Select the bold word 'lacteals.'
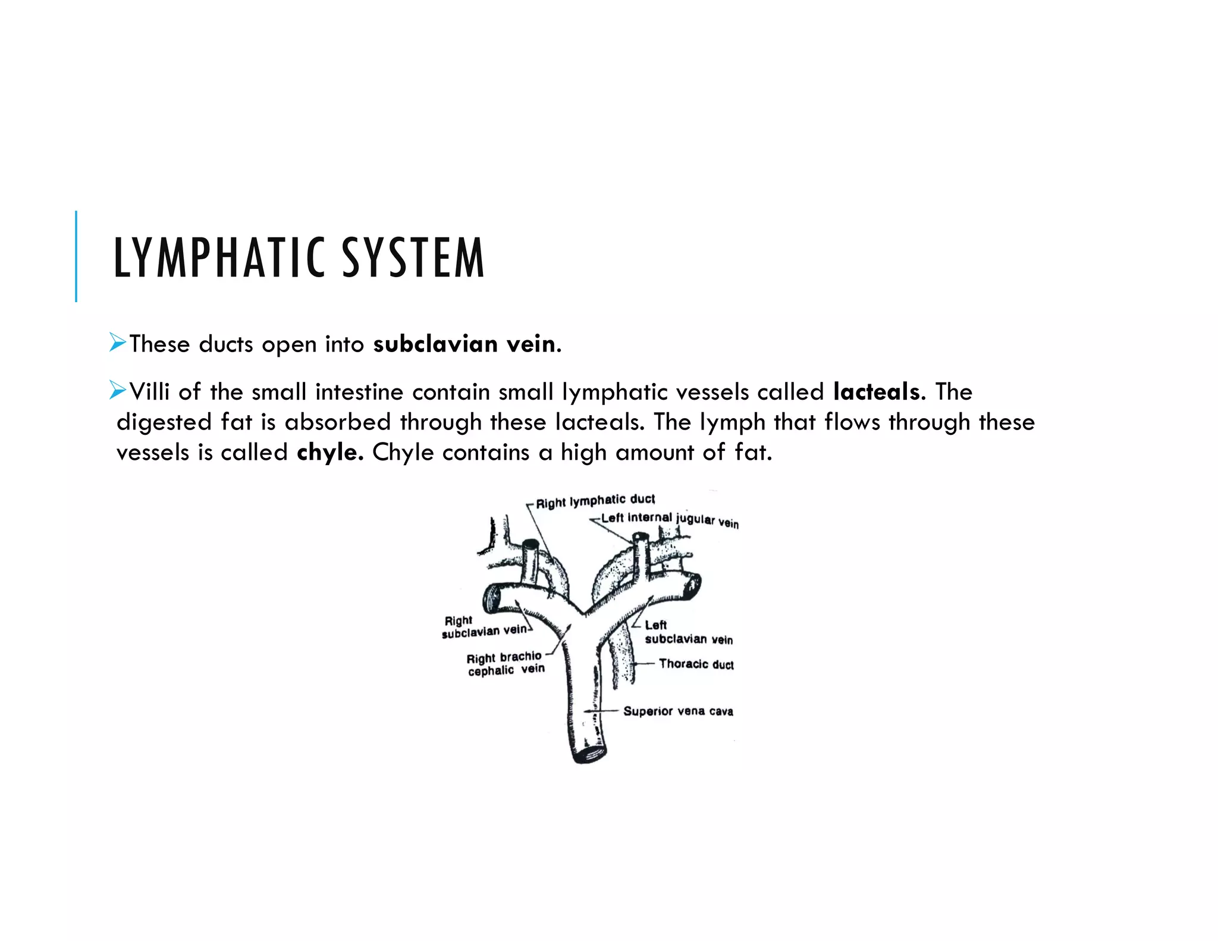pos(879,392)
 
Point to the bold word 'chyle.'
pos(329,453)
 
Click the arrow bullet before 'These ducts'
pos(118,343)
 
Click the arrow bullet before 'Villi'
pos(118,391)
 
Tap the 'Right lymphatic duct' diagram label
pos(595,501)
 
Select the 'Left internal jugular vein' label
pos(670,519)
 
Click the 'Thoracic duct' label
pos(696,664)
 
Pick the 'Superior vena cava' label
pos(677,711)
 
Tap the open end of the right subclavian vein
pos(492,597)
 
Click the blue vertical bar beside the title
pos(76,256)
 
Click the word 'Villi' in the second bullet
pos(149,392)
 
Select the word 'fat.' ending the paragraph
pos(753,453)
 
